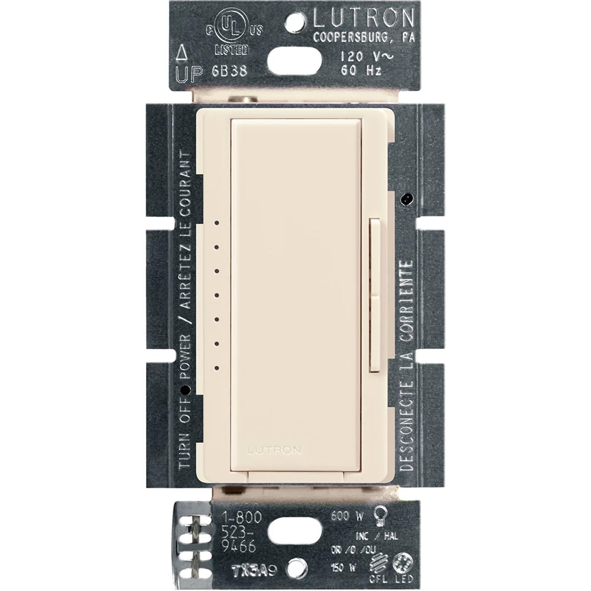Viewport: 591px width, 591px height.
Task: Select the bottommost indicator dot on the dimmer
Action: (216, 368)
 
